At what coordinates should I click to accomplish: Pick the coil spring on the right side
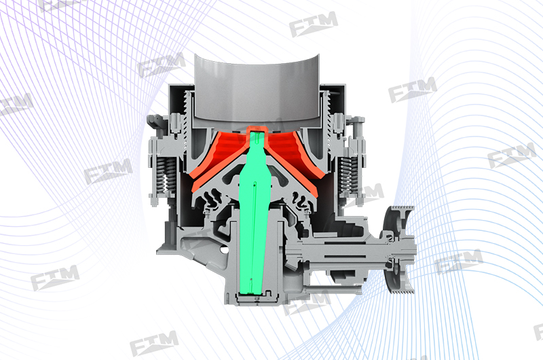(x=348, y=176)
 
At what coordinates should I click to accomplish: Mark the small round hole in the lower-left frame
(x=224, y=249)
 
